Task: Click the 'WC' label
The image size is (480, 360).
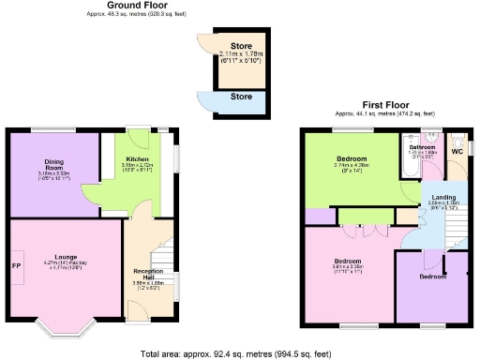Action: (x=457, y=151)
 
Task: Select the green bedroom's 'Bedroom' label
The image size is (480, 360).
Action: (x=352, y=159)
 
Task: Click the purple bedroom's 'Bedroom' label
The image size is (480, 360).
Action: (x=432, y=277)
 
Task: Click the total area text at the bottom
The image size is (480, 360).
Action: (x=239, y=353)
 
